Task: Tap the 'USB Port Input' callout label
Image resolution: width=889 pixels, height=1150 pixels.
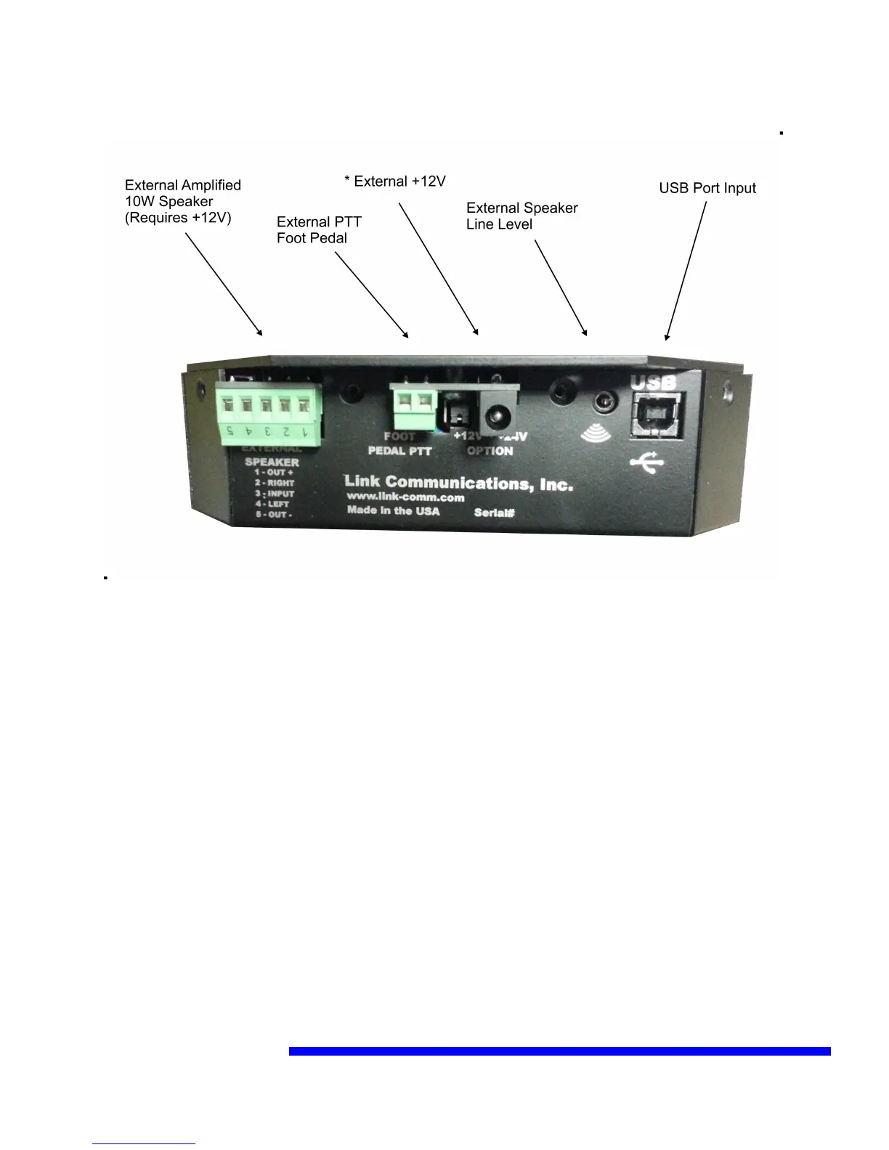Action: tap(707, 188)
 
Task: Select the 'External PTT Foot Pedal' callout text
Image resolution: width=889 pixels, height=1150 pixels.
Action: tap(318, 230)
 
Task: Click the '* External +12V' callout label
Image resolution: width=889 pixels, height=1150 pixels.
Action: tap(395, 182)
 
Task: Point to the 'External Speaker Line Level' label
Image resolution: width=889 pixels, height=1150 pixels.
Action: tap(521, 216)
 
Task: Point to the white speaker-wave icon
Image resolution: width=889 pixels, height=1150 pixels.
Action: tap(596, 433)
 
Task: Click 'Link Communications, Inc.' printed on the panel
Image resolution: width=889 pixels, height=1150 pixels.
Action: tap(458, 483)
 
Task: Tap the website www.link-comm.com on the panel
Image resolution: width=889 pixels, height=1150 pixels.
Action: tap(405, 497)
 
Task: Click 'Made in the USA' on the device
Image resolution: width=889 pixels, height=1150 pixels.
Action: tap(393, 510)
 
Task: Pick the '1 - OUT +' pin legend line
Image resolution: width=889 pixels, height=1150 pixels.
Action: tap(274, 473)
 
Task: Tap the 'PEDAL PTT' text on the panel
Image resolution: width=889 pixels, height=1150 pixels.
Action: tap(399, 451)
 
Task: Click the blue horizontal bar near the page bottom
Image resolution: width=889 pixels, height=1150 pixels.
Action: tap(559, 1051)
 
